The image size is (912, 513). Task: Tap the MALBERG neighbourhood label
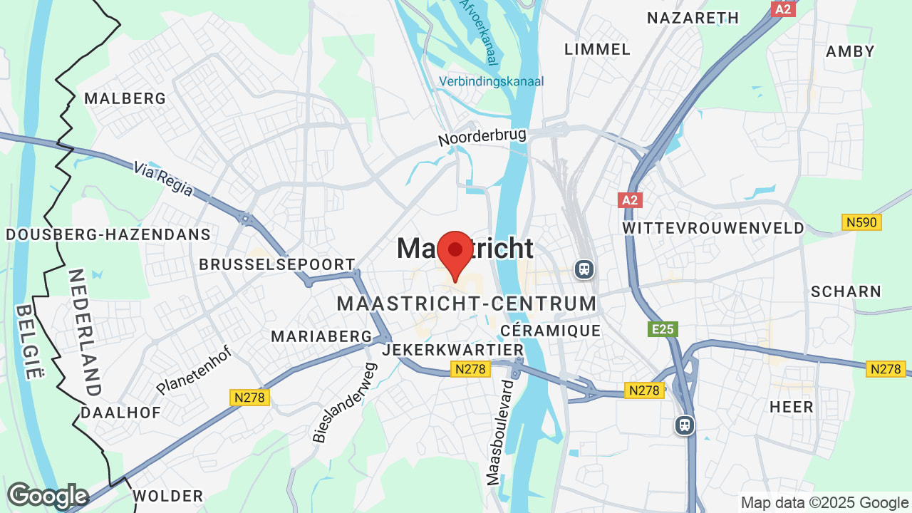coord(125,98)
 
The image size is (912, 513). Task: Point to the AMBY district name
coord(850,51)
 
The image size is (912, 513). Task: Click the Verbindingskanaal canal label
coord(491,81)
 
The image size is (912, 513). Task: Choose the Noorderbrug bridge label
coord(482,137)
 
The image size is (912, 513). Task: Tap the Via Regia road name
coord(163,178)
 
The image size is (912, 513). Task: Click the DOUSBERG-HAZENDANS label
coord(108,234)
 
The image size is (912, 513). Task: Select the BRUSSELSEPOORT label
coord(276,264)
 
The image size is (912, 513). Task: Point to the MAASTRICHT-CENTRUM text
coord(467,304)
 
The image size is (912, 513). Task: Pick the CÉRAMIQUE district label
coord(551,331)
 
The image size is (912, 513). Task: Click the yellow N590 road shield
coord(862,223)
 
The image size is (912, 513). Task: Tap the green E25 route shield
coord(663,329)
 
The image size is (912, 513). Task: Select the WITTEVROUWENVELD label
coord(713,228)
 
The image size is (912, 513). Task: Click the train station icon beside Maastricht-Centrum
coord(584,269)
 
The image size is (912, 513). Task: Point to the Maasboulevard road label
coord(500,432)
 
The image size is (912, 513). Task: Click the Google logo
coord(48,496)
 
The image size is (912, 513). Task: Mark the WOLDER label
coord(168,496)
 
